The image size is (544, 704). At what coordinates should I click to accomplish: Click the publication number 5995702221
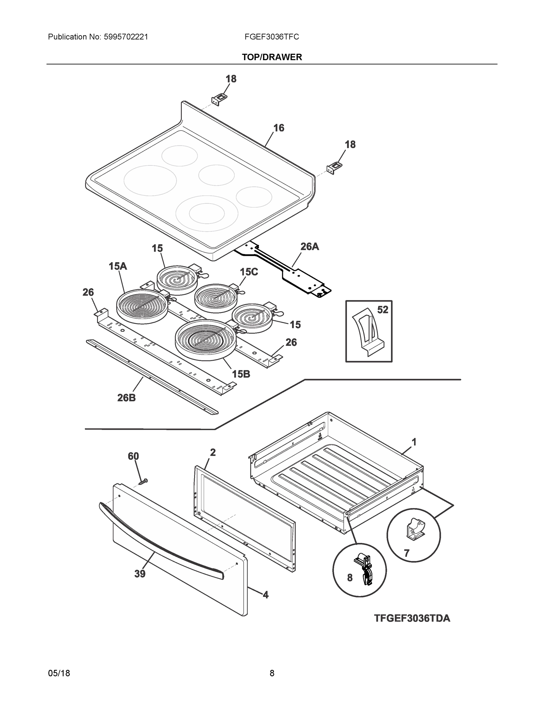pyautogui.click(x=126, y=37)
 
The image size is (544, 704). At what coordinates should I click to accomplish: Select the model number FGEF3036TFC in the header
pyautogui.click(x=271, y=37)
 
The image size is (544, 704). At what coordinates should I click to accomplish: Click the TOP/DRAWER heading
pyautogui.click(x=272, y=57)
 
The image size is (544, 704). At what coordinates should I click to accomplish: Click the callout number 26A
pyautogui.click(x=309, y=247)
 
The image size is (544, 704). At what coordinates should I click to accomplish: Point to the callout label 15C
pyautogui.click(x=249, y=272)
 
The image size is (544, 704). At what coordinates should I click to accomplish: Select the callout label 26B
pyautogui.click(x=126, y=398)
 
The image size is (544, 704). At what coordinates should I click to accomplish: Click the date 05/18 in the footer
pyautogui.click(x=59, y=673)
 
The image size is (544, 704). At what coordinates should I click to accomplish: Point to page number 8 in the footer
pyautogui.click(x=272, y=673)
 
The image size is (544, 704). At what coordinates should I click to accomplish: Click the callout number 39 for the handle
pyautogui.click(x=140, y=574)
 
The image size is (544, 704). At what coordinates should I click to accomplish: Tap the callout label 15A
pyautogui.click(x=118, y=266)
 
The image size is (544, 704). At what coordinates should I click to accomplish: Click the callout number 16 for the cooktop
pyautogui.click(x=279, y=128)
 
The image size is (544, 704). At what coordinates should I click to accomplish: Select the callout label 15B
pyautogui.click(x=241, y=374)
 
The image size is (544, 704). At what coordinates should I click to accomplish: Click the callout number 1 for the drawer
pyautogui.click(x=414, y=442)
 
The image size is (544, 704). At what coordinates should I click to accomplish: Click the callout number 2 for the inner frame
pyautogui.click(x=213, y=453)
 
